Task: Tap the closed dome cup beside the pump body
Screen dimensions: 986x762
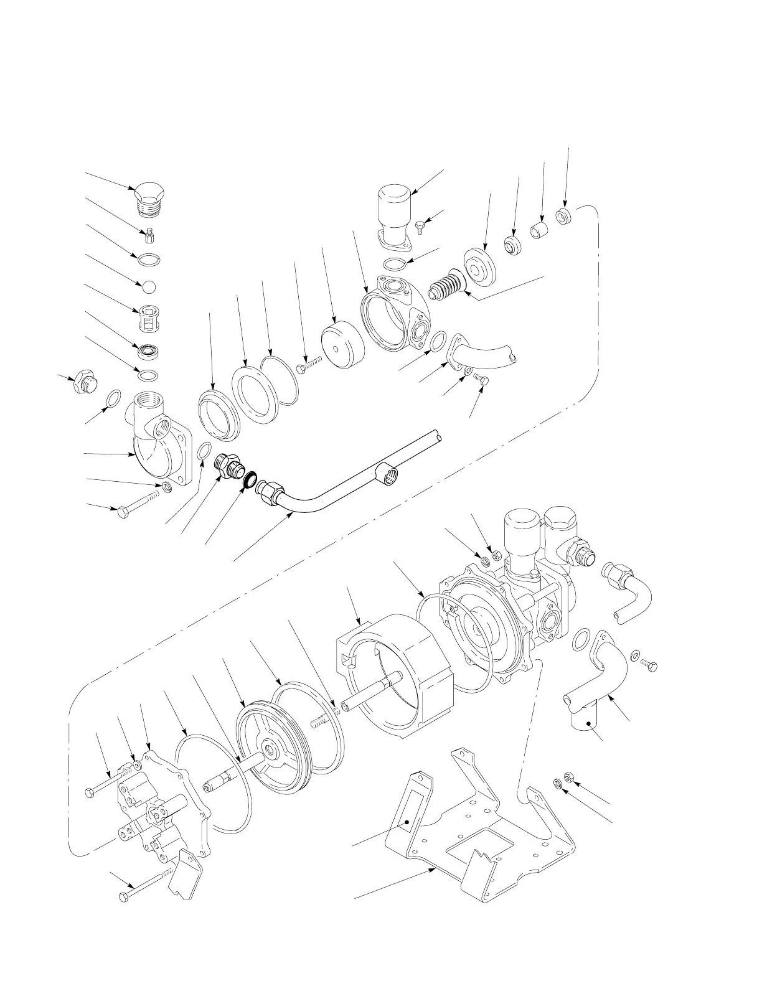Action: (342, 344)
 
